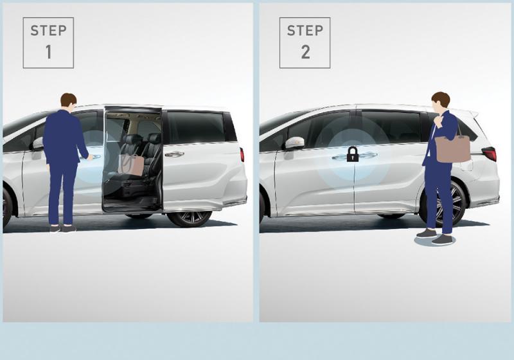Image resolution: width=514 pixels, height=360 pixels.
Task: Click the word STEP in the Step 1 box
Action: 49,31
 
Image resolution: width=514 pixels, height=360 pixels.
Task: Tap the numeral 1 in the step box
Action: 49,52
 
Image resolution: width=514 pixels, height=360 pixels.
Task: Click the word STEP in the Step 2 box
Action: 305,31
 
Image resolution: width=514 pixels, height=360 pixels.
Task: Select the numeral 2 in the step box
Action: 306,52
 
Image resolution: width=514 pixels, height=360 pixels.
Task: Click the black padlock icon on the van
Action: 352,154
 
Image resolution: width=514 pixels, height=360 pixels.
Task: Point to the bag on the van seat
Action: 131,163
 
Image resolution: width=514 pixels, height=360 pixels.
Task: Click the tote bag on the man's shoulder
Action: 452,148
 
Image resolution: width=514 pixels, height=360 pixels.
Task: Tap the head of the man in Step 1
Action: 69,102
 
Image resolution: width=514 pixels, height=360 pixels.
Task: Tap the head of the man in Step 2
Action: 440,102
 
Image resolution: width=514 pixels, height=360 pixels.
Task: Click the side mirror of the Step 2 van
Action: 294,144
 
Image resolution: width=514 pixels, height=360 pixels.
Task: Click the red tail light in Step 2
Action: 489,154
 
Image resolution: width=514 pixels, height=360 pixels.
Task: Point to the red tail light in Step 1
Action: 242,155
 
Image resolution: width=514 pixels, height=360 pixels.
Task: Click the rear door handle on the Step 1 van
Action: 174,154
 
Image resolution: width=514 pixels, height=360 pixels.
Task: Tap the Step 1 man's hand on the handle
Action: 89,157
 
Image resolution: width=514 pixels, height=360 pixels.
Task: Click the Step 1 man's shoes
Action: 62,228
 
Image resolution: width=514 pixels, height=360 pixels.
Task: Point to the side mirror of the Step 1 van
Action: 39,144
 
